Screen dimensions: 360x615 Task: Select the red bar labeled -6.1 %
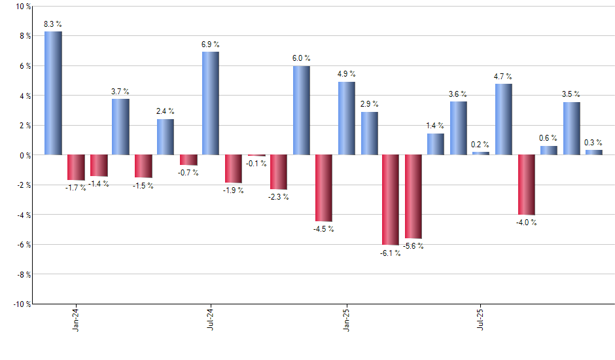click(391, 200)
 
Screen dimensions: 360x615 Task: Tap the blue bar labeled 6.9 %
click(211, 103)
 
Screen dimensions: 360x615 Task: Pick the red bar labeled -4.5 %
click(323, 188)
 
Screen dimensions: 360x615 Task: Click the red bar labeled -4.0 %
click(526, 185)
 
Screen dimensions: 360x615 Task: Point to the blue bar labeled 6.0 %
click(301, 110)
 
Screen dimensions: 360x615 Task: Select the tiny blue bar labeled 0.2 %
click(481, 153)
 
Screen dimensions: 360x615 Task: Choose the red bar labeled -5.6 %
click(413, 196)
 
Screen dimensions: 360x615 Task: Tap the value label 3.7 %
click(120, 92)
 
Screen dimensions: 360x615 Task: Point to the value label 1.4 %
click(436, 126)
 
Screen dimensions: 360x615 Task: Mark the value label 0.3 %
click(594, 143)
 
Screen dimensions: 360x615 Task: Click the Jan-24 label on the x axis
click(76, 319)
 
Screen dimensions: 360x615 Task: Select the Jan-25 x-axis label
click(346, 319)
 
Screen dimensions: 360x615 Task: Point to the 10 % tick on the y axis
click(23, 7)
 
